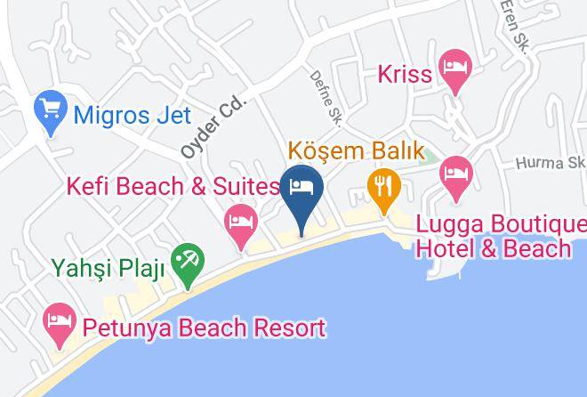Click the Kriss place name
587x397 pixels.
point(406,74)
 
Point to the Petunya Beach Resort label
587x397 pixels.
point(204,328)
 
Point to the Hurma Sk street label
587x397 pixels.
point(551,164)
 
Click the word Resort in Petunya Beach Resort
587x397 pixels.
point(281,328)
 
